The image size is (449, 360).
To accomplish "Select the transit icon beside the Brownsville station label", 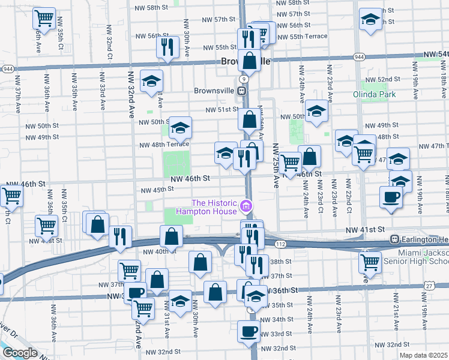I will tap(241, 91).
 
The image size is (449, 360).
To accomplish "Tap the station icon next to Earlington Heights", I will tap(395, 239).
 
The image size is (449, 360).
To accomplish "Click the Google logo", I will tap(19, 353).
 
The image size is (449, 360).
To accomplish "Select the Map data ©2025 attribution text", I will tap(423, 355).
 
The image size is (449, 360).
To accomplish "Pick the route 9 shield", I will tap(243, 79).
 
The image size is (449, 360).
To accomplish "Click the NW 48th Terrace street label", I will tap(164, 145).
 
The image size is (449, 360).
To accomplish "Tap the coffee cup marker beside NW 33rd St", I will tap(248, 331).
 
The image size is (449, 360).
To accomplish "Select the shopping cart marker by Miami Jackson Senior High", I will tap(370, 262).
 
